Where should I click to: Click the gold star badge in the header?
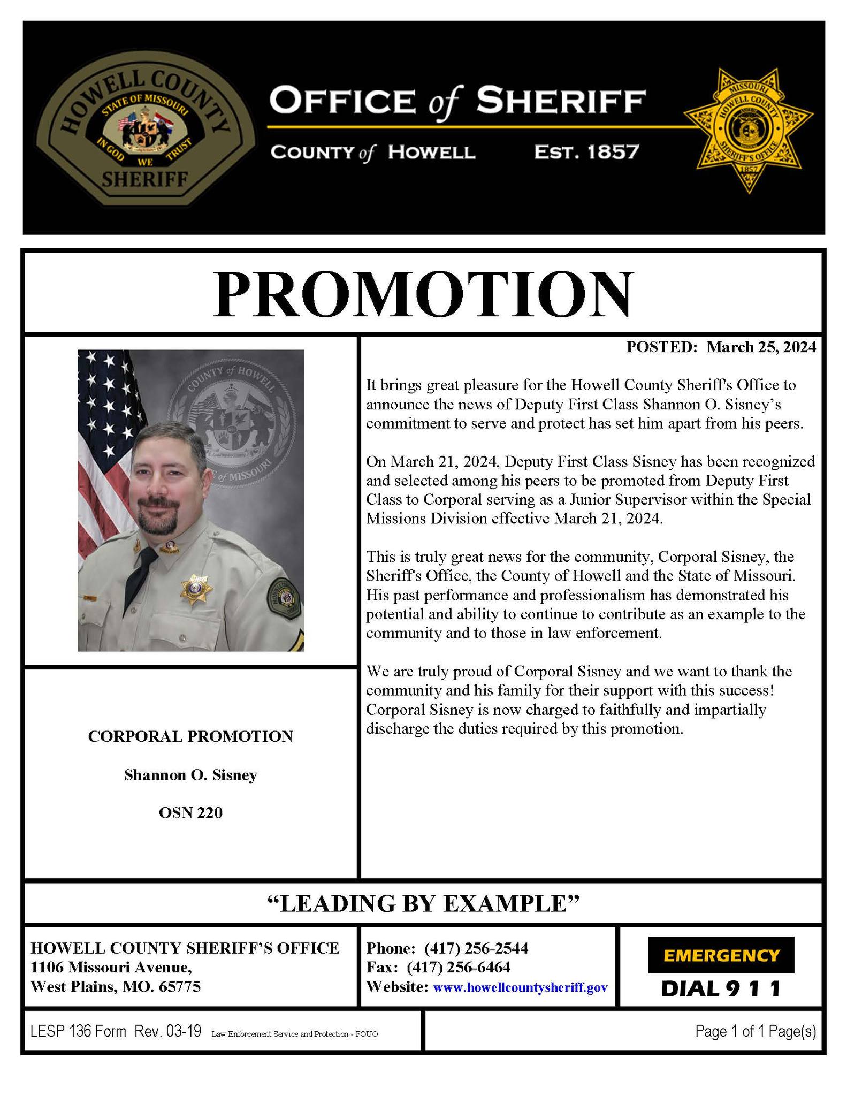[748, 130]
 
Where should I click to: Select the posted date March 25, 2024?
[761, 347]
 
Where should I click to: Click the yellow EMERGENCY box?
[721, 955]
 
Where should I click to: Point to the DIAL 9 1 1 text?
[721, 988]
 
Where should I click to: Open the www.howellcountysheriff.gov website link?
[520, 987]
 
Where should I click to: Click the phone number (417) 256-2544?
[476, 948]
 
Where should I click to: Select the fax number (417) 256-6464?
[458, 968]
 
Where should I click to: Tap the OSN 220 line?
[190, 813]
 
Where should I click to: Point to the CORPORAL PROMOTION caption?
[190, 736]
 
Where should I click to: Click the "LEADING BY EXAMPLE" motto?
[423, 904]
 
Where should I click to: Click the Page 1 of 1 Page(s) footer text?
[755, 1031]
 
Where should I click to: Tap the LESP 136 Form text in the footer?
[78, 1031]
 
